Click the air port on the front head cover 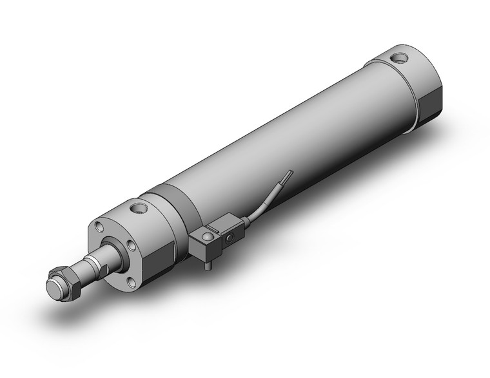click(137, 209)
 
